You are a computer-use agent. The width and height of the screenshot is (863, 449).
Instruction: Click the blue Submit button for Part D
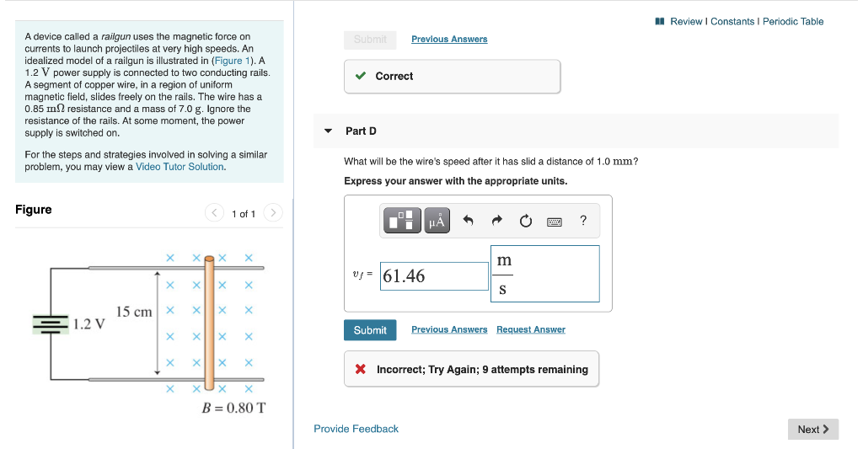[x=369, y=330]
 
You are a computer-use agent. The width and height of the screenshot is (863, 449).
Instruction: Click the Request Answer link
[x=530, y=329]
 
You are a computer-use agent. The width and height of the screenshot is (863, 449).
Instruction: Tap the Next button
[x=813, y=430]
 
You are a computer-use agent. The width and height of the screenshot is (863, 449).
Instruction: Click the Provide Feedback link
[x=356, y=429]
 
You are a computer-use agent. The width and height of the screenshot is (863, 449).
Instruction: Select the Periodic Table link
[x=793, y=21]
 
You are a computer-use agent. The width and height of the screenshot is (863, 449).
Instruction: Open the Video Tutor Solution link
[x=180, y=167]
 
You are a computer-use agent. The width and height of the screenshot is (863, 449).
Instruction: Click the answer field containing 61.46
[x=434, y=276]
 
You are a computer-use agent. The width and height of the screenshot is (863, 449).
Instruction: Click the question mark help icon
[x=583, y=221]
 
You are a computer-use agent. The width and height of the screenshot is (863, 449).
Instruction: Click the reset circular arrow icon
[x=526, y=221]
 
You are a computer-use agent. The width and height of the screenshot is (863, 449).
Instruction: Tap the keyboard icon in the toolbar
[x=555, y=222]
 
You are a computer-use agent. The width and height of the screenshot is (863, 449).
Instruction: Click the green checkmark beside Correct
[x=361, y=76]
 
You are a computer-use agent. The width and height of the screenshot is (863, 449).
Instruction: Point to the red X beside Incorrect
[x=361, y=369]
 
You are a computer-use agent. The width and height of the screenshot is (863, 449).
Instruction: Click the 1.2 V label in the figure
[x=88, y=323]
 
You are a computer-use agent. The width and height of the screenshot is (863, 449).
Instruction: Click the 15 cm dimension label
[x=134, y=312]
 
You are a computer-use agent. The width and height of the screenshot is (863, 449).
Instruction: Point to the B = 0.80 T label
[x=233, y=408]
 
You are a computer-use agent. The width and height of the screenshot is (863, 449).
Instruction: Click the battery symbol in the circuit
[x=50, y=323]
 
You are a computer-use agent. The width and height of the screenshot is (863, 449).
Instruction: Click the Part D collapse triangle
[x=328, y=131]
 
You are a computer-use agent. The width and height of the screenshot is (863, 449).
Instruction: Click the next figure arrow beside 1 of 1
[x=273, y=213]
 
